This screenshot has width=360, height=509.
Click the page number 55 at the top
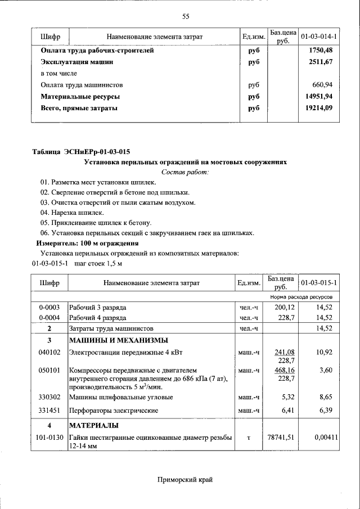tap(186, 16)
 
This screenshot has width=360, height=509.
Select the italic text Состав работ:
tap(185, 172)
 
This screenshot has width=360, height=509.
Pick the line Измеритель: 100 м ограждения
tap(87, 243)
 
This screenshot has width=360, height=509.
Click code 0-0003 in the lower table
tap(49, 308)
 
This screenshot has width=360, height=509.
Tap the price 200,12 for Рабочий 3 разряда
tap(285, 308)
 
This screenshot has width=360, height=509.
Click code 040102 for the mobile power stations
tap(49, 352)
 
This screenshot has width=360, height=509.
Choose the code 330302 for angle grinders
tap(49, 397)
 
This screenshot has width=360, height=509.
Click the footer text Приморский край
tap(185, 479)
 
